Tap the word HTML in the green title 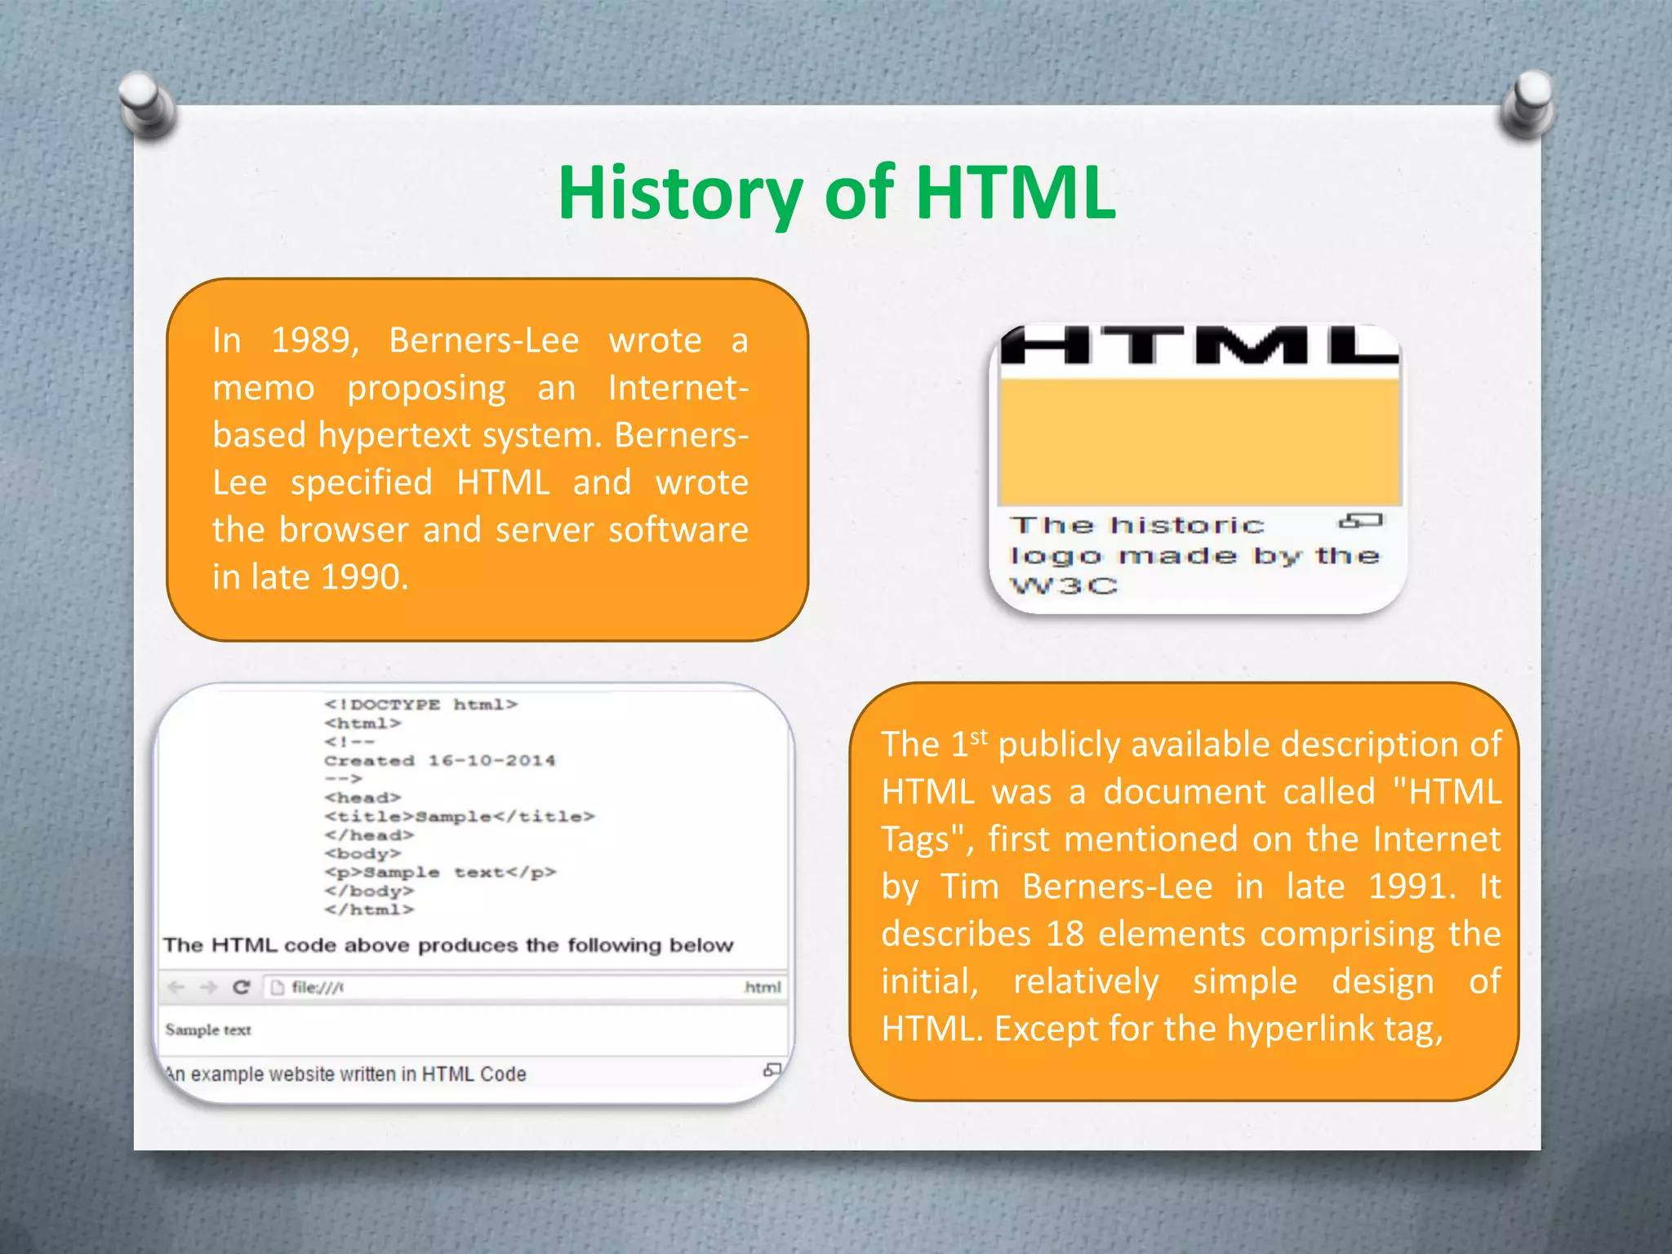coord(1015,193)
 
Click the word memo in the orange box coord(263,388)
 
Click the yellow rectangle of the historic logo coord(1198,442)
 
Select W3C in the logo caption coord(1063,586)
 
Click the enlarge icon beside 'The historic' coord(1361,521)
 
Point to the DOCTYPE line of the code coord(420,705)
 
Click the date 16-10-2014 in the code coord(491,761)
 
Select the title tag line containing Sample coord(459,816)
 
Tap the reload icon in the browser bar coord(241,987)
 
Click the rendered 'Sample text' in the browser coord(208,1030)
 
